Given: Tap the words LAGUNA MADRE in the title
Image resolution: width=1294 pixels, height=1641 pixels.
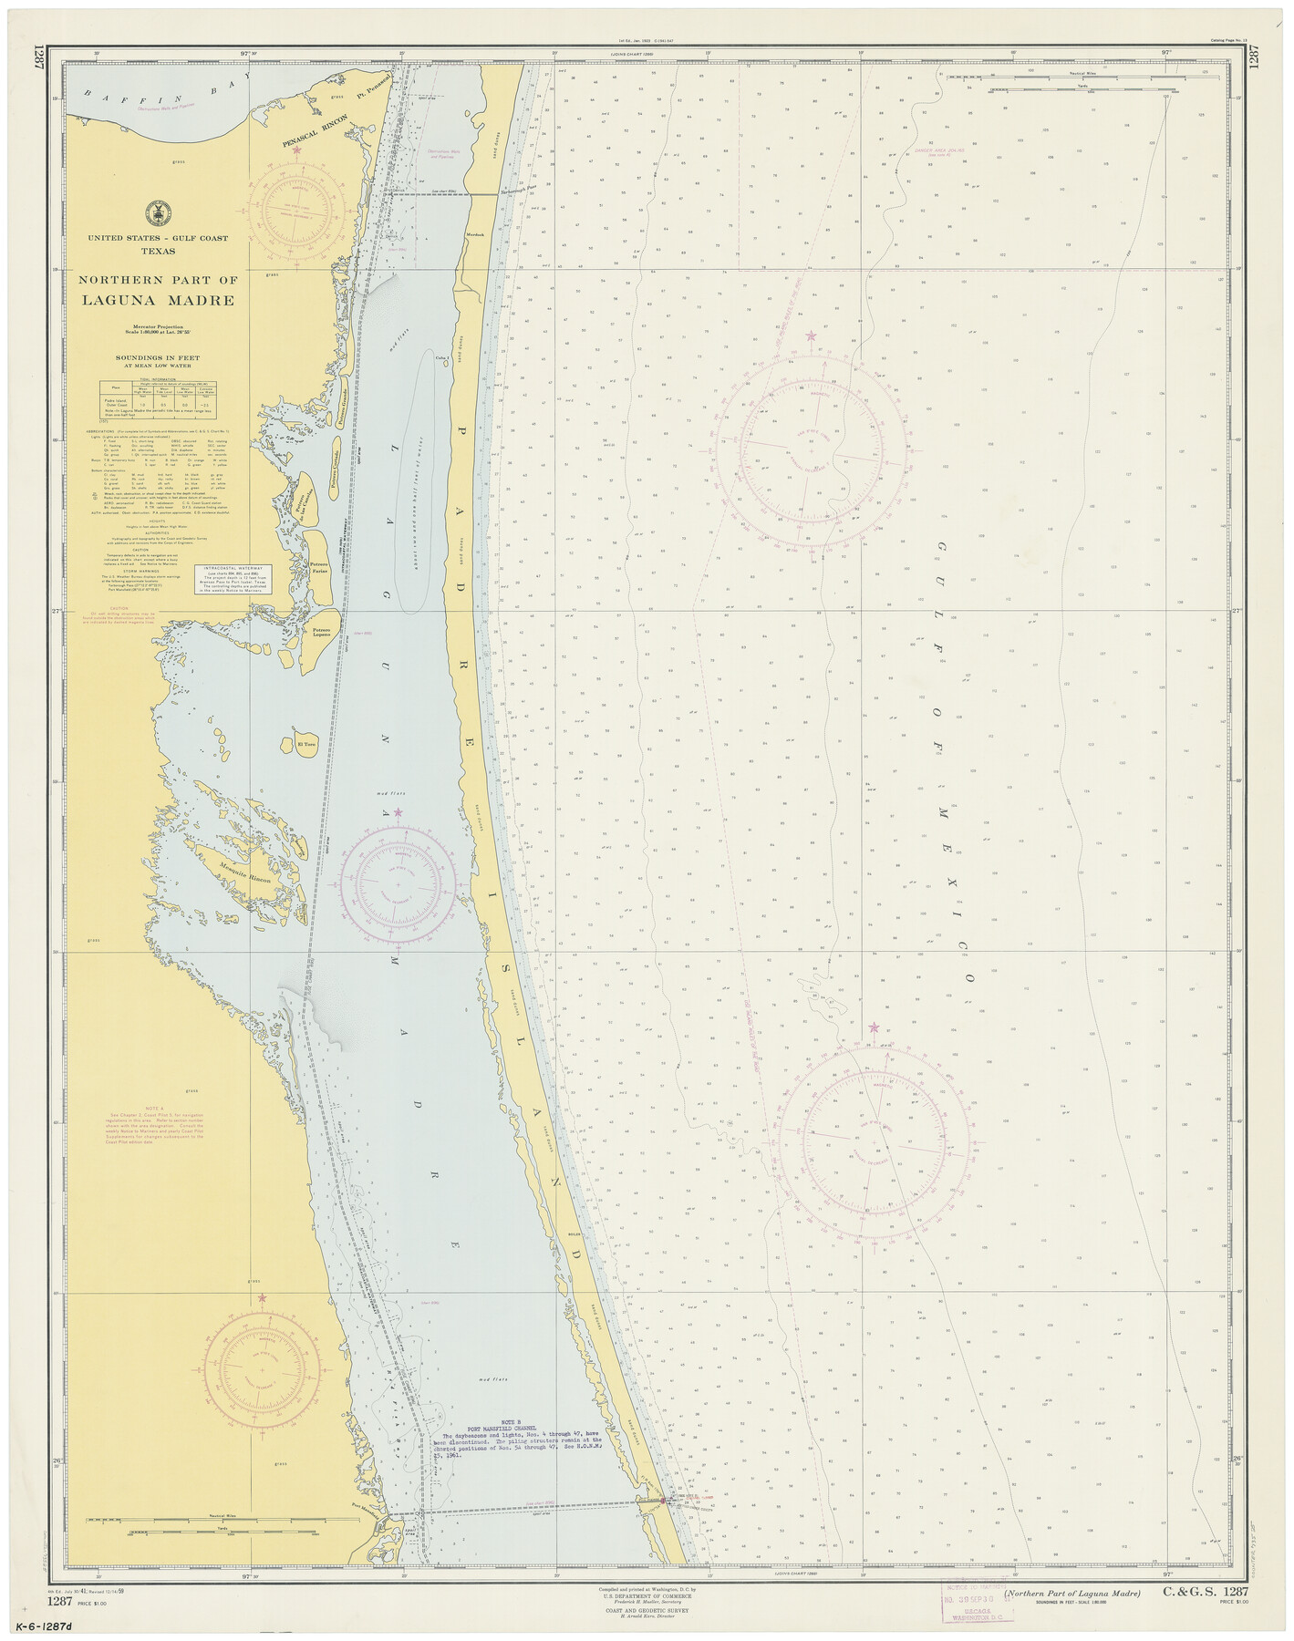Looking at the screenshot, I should click(x=158, y=300).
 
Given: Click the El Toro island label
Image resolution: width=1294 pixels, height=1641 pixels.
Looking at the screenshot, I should click(x=306, y=744).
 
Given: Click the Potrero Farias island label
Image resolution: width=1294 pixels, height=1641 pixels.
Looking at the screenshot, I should click(x=318, y=569).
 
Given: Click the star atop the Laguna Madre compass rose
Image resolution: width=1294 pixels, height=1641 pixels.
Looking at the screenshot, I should click(x=397, y=812).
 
